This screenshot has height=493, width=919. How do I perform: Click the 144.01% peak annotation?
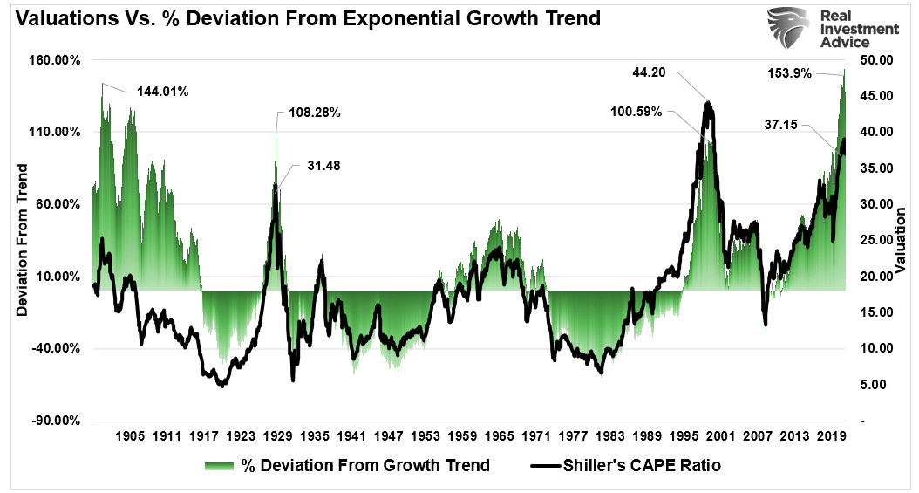coord(162,90)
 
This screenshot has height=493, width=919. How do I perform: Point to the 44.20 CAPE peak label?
coord(649,73)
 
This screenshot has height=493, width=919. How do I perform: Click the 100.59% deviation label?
coord(635,112)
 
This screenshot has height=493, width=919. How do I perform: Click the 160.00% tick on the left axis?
coord(56,60)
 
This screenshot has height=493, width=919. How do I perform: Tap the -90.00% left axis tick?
coord(56,421)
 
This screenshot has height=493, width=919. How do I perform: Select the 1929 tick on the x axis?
coord(278,435)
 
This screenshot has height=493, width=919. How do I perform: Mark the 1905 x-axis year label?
coord(128,435)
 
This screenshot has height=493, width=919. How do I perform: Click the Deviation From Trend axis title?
coord(23,240)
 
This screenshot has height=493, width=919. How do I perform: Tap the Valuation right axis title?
coord(900,240)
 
